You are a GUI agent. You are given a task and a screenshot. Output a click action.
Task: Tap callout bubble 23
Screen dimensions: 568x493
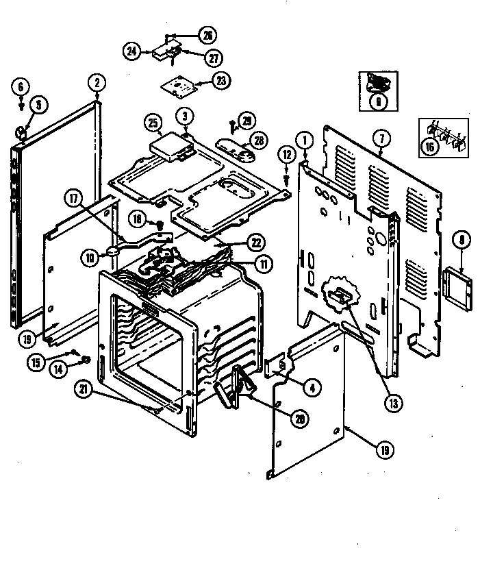point(220,81)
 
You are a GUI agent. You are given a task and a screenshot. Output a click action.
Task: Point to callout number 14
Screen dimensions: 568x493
point(58,368)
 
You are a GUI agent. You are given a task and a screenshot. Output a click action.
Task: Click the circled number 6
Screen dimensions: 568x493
point(21,86)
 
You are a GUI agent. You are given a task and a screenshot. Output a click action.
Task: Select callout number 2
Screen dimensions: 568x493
point(97,83)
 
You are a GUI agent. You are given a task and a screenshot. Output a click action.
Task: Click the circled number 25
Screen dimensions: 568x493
point(153,124)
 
